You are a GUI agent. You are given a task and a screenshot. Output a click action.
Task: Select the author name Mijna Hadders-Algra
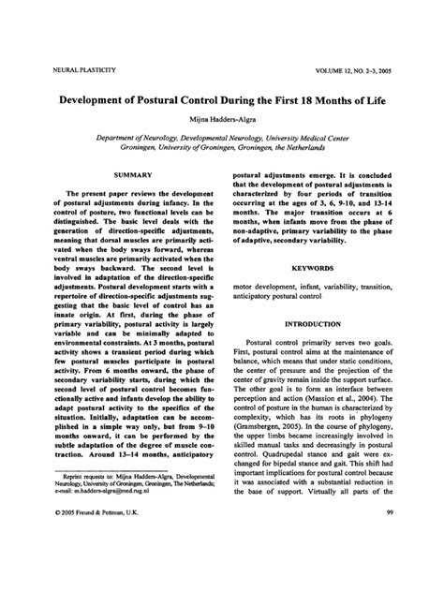click(x=221, y=119)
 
